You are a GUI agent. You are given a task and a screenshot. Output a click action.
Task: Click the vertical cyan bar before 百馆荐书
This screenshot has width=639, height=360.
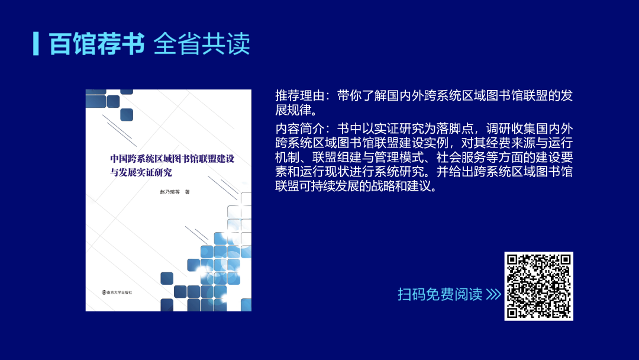point(36,44)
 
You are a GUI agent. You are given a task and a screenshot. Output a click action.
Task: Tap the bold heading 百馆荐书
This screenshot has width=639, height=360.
point(96,44)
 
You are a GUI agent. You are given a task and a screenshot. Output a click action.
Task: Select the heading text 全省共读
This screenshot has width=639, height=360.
point(202,44)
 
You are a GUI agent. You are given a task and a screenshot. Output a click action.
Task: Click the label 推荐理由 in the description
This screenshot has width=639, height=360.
point(299,95)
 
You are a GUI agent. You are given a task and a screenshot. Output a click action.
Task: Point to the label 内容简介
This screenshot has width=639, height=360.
point(299,128)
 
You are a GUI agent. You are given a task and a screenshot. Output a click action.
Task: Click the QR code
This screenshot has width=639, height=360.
point(539,286)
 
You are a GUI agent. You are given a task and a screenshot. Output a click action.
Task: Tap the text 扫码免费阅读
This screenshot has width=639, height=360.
point(440,294)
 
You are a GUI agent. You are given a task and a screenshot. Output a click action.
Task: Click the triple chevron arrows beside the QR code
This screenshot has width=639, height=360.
point(493,294)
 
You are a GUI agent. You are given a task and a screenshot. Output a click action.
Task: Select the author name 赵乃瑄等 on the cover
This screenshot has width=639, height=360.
point(170,192)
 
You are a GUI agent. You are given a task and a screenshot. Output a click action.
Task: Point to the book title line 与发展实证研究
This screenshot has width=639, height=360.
point(141,172)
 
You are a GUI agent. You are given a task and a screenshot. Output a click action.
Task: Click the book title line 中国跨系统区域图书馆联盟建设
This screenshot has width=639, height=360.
point(172,159)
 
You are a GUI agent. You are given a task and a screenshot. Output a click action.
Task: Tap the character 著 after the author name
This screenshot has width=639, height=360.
point(188,192)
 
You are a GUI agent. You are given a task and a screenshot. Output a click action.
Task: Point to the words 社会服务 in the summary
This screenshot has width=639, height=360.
point(461,157)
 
